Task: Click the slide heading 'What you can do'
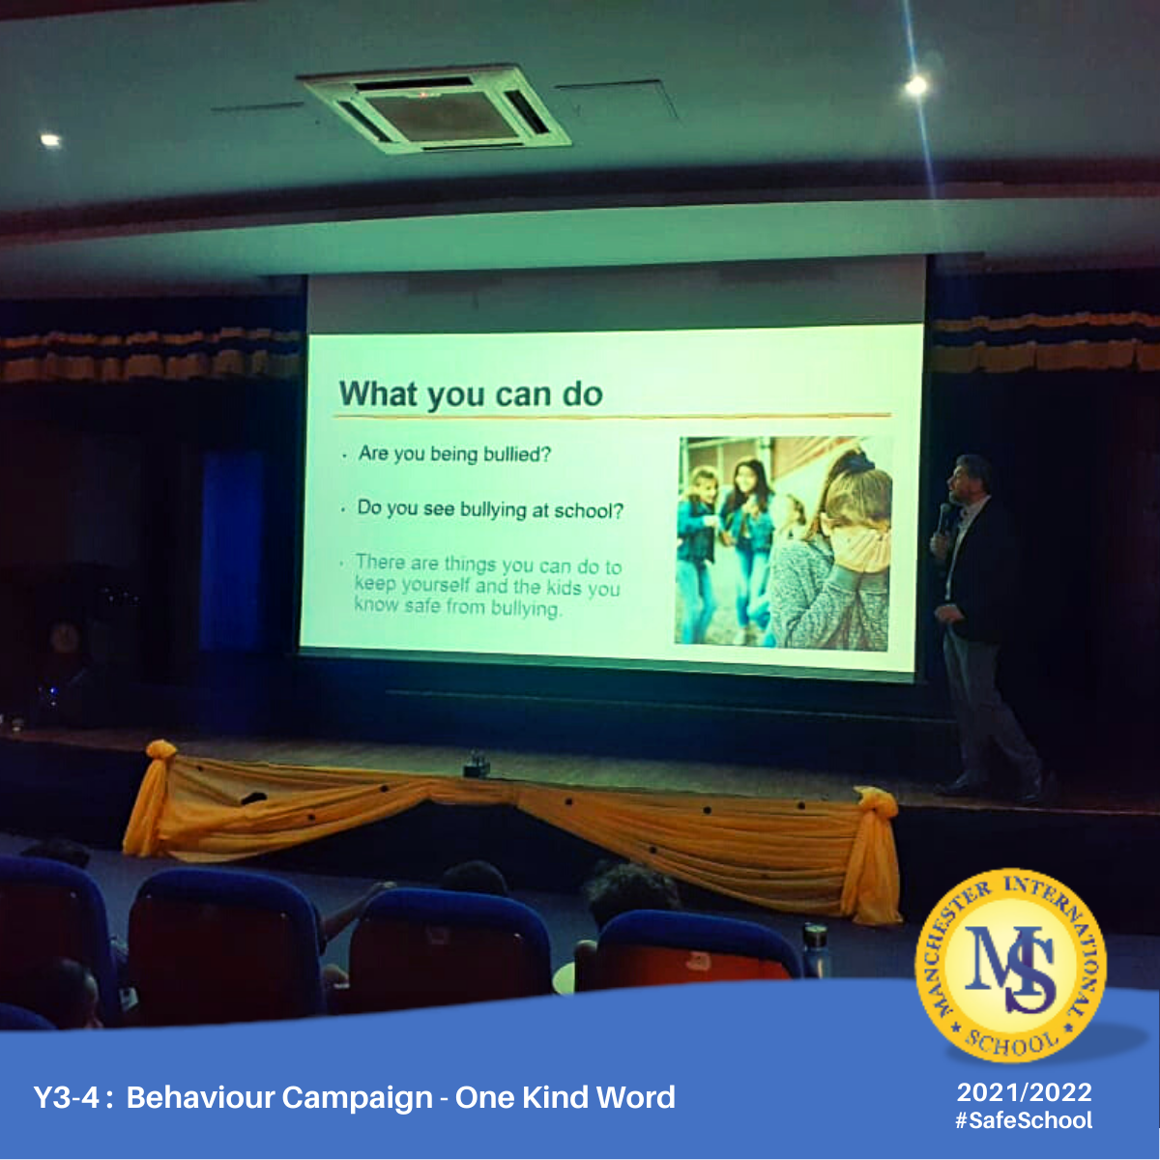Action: tap(470, 394)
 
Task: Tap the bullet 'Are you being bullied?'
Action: tap(454, 453)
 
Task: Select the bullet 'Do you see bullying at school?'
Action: tap(490, 509)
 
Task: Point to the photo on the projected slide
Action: tap(783, 543)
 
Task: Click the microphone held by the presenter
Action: tap(943, 518)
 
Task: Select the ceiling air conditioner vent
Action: tap(433, 108)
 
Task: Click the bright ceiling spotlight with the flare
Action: tap(916, 86)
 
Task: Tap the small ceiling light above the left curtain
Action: tap(50, 140)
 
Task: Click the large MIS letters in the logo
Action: tap(1010, 968)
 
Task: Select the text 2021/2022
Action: tap(1024, 1092)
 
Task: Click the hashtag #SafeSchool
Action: tap(1024, 1120)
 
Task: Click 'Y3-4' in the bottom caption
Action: tap(65, 1097)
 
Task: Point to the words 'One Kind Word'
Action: tap(565, 1097)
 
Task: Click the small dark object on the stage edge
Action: tap(477, 765)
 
